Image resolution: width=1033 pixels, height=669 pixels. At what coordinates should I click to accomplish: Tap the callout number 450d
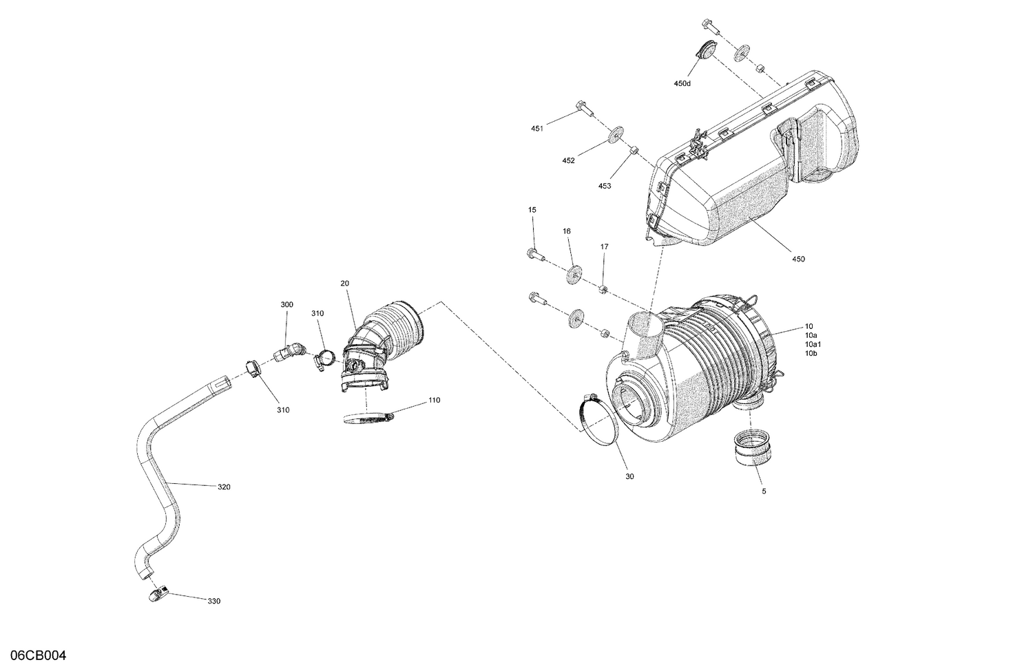pyautogui.click(x=682, y=84)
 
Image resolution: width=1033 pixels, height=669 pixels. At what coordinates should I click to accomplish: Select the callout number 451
pyautogui.click(x=537, y=129)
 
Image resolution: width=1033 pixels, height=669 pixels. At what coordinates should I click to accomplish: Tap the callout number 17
pyautogui.click(x=604, y=246)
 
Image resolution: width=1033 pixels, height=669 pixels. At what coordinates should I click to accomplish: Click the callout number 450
pyautogui.click(x=798, y=259)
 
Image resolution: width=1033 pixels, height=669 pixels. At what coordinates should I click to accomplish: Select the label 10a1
pyautogui.click(x=813, y=344)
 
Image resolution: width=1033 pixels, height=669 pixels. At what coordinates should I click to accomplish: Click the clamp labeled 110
pyautogui.click(x=365, y=417)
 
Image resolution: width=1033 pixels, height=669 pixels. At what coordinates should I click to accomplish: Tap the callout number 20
pyautogui.click(x=345, y=284)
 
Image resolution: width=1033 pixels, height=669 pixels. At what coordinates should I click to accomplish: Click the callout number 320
pyautogui.click(x=224, y=487)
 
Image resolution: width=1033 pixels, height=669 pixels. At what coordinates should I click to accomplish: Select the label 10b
pyautogui.click(x=811, y=353)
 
